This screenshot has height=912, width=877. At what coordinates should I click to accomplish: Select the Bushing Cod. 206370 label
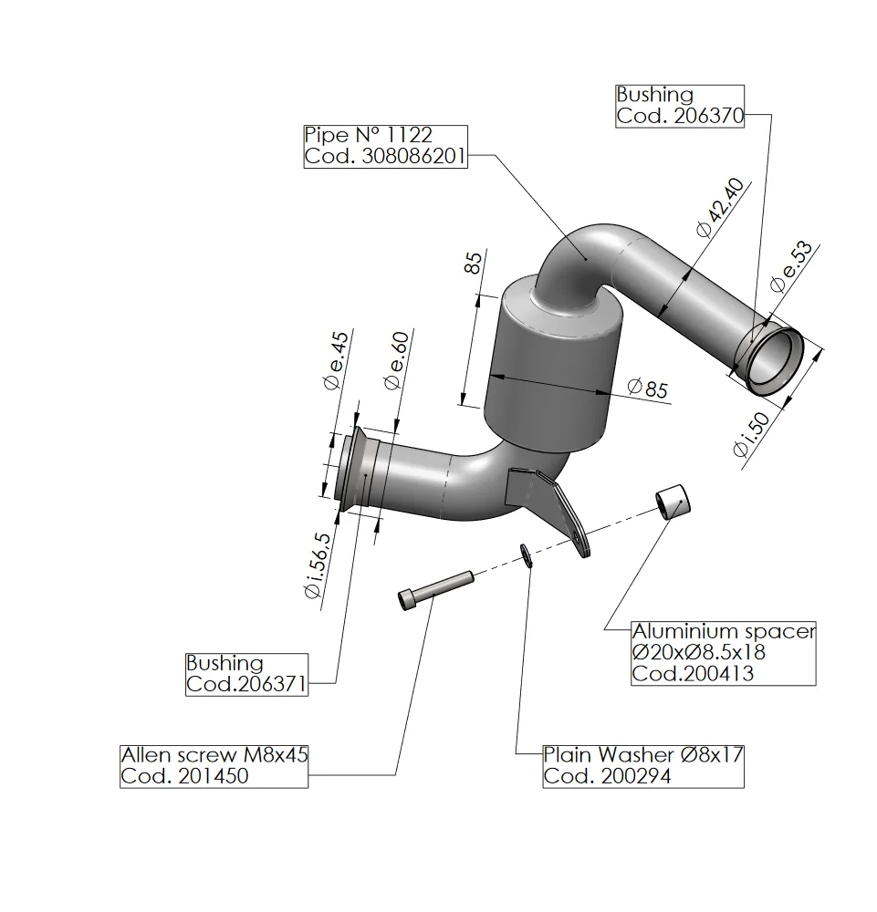pyautogui.click(x=680, y=105)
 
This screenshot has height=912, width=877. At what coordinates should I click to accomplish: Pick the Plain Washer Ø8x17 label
pyautogui.click(x=642, y=766)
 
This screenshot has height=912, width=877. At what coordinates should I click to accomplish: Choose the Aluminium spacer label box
pyautogui.click(x=723, y=653)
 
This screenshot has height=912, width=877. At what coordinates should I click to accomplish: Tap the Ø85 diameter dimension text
pyautogui.click(x=648, y=389)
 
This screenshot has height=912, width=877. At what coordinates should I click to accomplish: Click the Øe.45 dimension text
pyautogui.click(x=336, y=359)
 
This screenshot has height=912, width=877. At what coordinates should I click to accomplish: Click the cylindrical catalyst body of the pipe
pyautogui.click(x=552, y=365)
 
